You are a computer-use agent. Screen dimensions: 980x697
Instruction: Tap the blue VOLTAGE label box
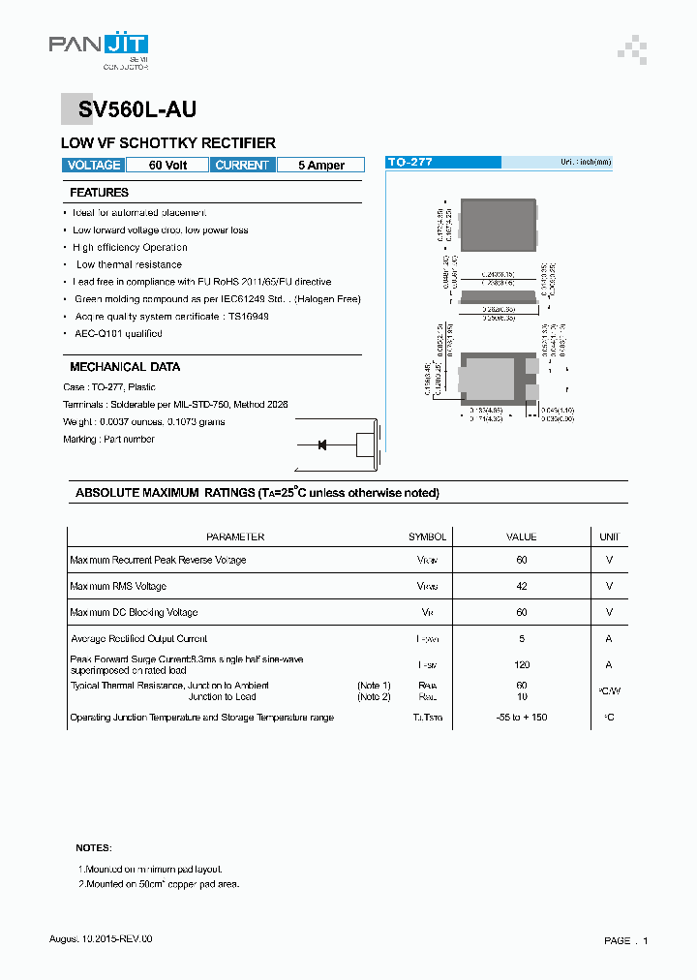coord(94,166)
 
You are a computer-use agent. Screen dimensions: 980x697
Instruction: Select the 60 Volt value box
coord(167,166)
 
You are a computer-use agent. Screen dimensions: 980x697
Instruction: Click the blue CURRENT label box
coord(242,166)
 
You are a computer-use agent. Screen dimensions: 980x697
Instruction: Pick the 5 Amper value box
coord(320,166)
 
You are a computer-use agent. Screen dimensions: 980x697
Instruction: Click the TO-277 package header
coord(409,163)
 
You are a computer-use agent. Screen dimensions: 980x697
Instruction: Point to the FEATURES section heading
coord(100,193)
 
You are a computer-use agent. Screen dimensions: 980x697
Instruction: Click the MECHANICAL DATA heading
coord(125,367)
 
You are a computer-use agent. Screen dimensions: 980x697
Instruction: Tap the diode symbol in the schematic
coord(322,445)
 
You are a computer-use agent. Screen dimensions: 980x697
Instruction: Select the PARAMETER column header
coord(235,536)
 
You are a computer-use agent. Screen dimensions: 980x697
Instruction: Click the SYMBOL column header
coord(427,536)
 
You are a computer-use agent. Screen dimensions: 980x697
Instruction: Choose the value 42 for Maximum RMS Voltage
coord(522,586)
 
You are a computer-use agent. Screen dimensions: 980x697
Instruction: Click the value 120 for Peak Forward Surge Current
coord(522,665)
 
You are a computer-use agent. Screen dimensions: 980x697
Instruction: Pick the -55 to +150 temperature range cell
coord(522,718)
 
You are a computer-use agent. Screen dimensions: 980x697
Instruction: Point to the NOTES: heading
coord(94,847)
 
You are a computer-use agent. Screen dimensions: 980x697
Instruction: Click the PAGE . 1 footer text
coord(625,940)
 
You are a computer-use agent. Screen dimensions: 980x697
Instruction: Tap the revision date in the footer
coord(101,939)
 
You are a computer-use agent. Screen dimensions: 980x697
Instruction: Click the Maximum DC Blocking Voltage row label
coord(134,612)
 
